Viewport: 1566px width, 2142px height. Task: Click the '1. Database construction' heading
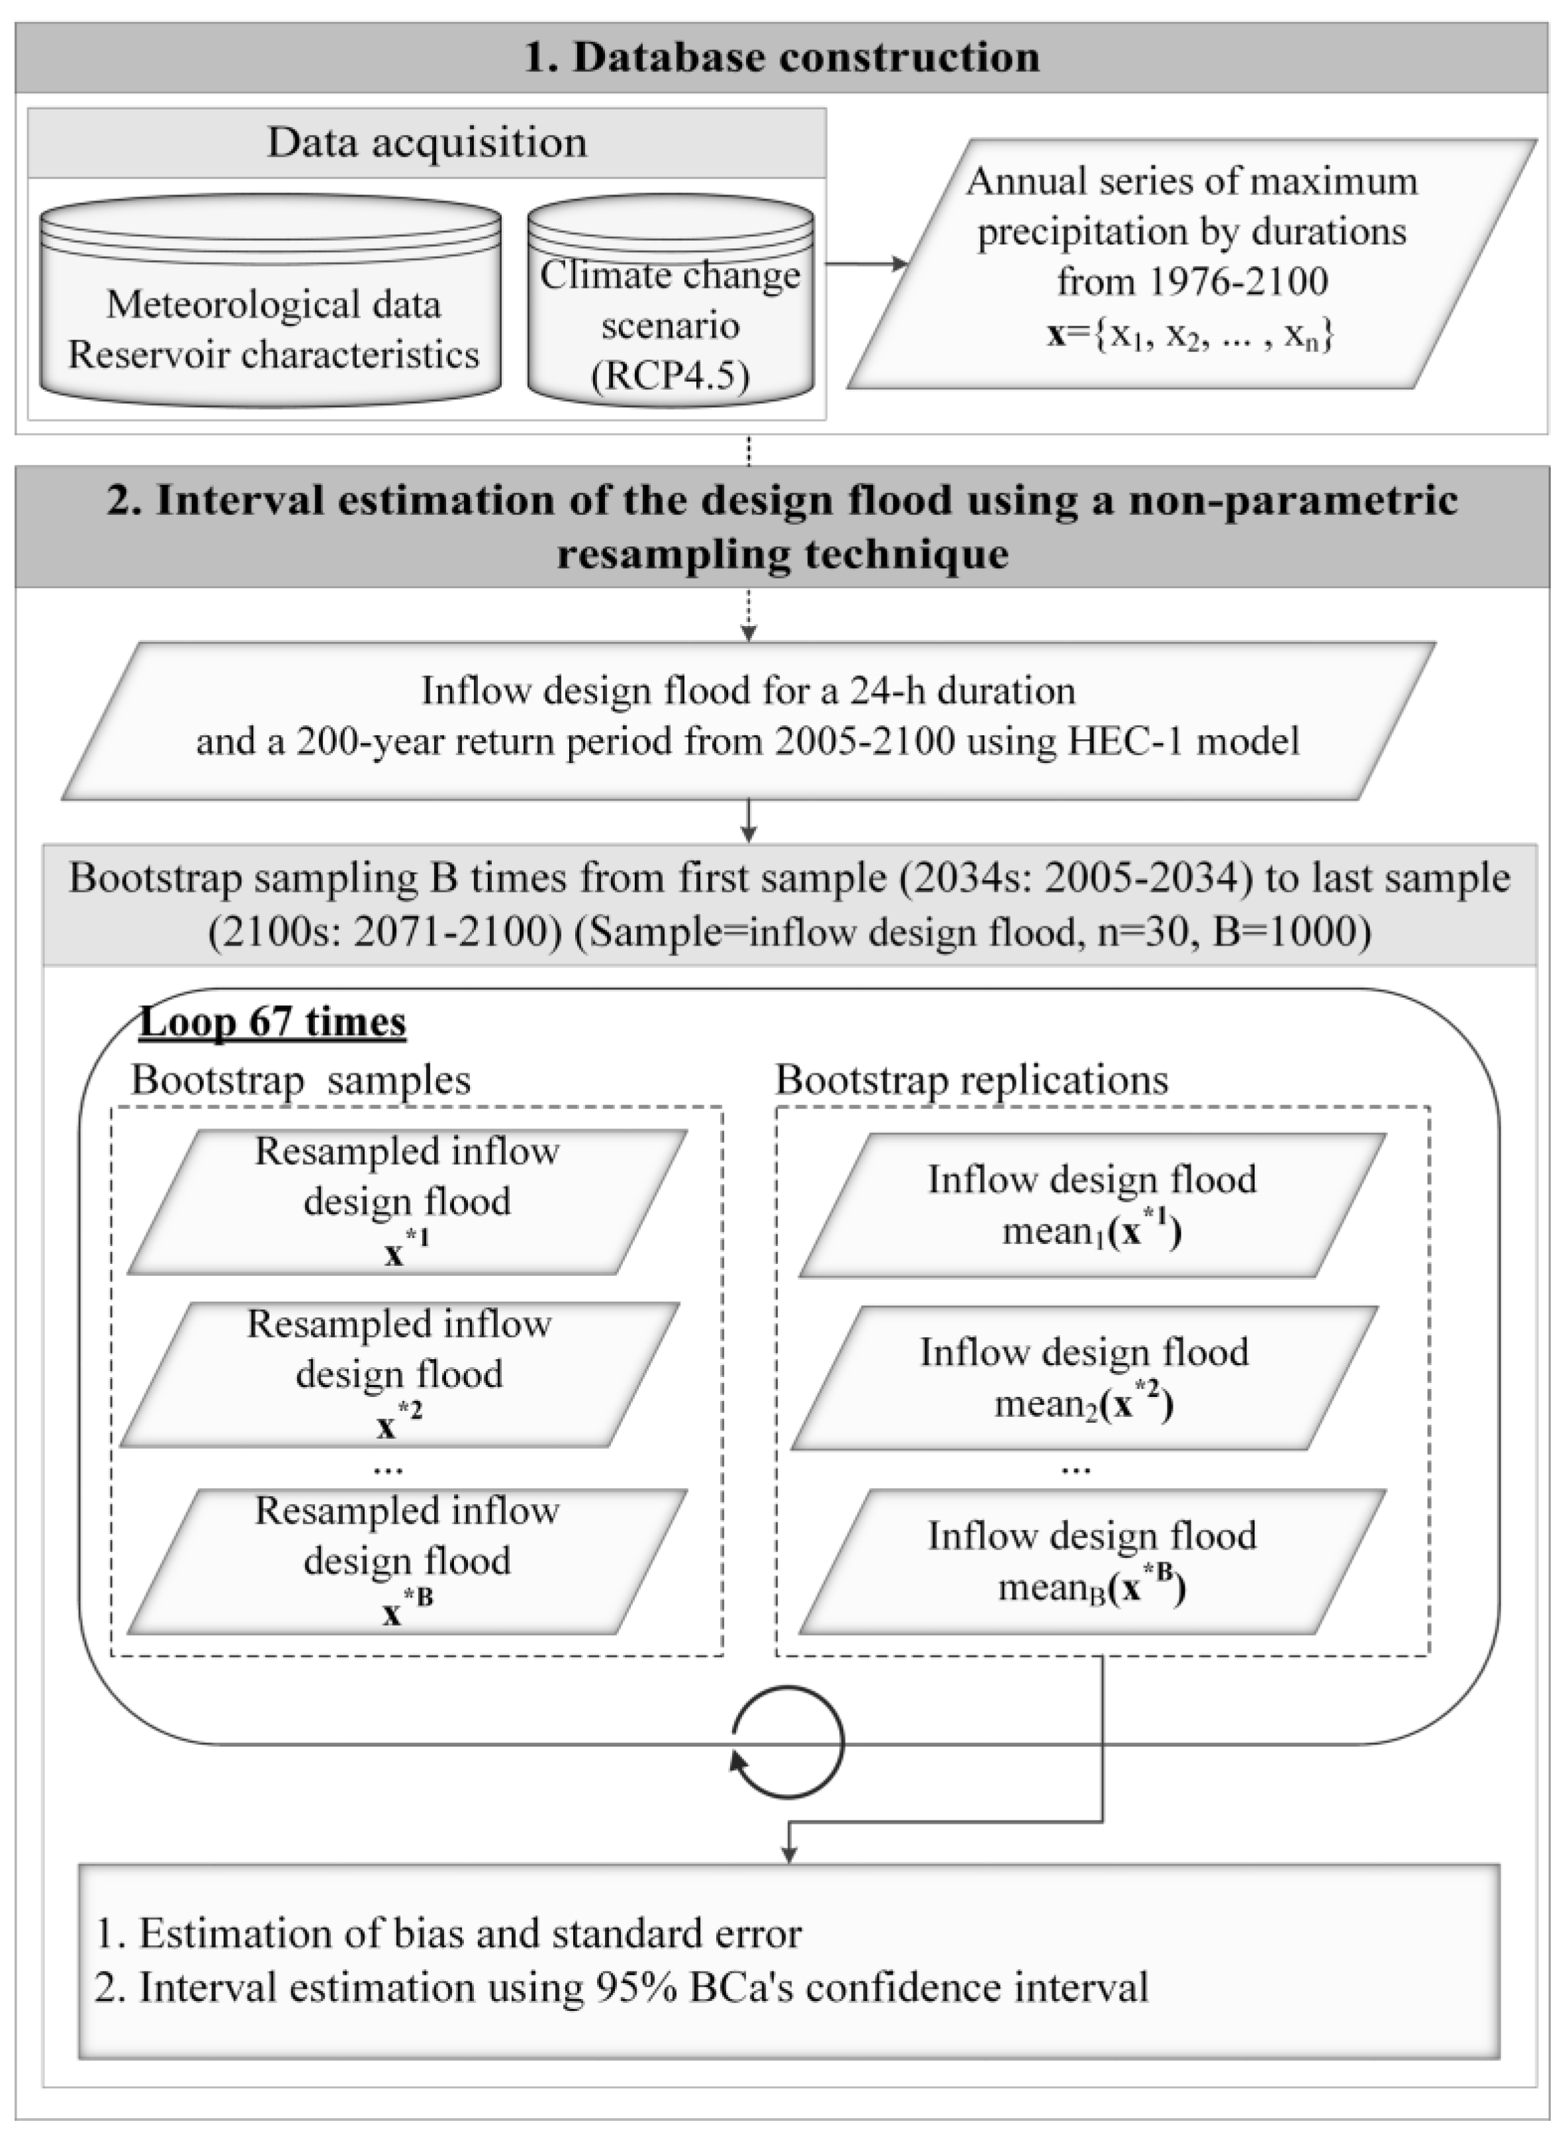coord(782,57)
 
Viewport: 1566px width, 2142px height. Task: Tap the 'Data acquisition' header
coord(426,143)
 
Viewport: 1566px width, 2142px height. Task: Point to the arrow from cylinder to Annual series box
coord(866,265)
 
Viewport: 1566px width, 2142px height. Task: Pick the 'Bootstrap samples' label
coord(300,1079)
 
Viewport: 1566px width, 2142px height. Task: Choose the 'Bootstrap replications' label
coord(972,1079)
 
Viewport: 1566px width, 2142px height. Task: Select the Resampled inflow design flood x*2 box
coord(399,1374)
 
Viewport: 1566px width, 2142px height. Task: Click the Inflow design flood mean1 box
coord(1092,1204)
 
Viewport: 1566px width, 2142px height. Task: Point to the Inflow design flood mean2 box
coord(1084,1377)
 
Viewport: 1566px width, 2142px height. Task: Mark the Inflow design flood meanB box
coord(1092,1561)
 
